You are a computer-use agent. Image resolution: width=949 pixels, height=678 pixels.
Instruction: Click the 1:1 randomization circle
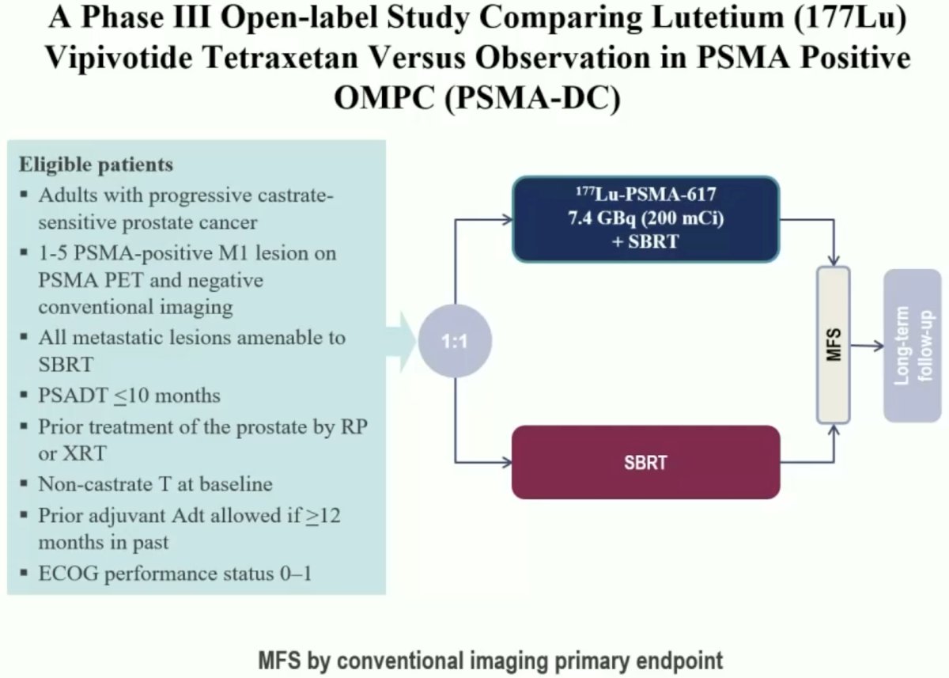(x=455, y=341)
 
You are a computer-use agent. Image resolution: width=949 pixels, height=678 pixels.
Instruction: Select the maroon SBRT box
(x=645, y=462)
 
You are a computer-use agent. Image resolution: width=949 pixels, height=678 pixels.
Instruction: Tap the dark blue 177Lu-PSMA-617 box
(x=645, y=219)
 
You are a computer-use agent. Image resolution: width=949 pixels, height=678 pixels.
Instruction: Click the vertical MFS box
(x=834, y=345)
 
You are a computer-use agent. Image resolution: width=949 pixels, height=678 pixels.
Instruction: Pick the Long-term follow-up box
(x=913, y=346)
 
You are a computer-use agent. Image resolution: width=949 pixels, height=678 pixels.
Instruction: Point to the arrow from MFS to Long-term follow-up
(x=867, y=347)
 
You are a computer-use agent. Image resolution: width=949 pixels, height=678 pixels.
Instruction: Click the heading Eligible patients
(x=96, y=165)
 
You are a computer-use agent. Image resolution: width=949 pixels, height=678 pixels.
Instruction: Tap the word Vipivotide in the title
(x=119, y=58)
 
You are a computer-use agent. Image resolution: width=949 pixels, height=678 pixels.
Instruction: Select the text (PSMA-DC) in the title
(x=532, y=98)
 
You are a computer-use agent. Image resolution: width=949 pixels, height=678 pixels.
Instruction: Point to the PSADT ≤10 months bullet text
(x=129, y=396)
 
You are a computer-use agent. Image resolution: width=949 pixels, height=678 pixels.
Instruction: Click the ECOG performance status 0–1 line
(x=175, y=574)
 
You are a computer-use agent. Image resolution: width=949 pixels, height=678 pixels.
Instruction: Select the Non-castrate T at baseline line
(x=155, y=484)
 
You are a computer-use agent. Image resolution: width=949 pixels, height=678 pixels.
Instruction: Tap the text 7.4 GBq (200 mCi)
(x=645, y=218)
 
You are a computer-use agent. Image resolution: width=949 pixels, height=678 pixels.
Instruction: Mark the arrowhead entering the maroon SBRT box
(x=506, y=462)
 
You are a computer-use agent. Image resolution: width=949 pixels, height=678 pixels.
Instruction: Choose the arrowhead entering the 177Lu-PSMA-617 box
(x=506, y=219)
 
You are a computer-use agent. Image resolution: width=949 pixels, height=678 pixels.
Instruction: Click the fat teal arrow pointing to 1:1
(x=401, y=342)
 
